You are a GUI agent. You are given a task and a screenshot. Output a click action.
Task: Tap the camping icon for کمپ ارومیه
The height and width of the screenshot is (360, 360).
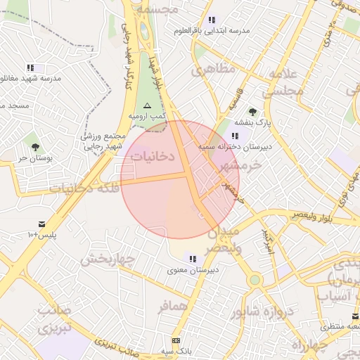[148, 105]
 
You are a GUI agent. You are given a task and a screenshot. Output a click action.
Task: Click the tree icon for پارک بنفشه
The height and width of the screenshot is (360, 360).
[252, 112]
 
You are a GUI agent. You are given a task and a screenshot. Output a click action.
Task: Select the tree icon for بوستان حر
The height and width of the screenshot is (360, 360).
[35, 146]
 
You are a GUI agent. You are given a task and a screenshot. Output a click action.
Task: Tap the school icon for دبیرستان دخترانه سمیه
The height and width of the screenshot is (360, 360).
[235, 136]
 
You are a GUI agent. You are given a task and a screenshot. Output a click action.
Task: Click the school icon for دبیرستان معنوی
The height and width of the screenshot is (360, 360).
[193, 259]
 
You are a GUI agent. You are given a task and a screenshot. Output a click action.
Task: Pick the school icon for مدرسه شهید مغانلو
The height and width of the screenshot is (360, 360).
[30, 67]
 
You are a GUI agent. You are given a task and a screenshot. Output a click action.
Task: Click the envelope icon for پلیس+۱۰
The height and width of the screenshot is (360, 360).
[41, 224]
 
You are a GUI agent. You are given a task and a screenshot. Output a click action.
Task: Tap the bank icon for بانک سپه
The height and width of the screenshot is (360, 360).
[176, 340]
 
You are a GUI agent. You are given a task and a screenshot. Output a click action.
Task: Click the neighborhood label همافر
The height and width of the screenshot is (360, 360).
[174, 307]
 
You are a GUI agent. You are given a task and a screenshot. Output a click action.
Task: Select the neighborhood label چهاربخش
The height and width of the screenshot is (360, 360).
[106, 259]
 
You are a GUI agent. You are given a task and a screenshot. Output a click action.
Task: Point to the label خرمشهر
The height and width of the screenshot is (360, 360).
[240, 165]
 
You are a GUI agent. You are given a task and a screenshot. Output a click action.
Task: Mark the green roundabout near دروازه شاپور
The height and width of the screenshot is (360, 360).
[255, 280]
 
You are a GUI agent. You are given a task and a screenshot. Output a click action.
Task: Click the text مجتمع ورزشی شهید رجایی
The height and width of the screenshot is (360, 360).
[104, 141]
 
